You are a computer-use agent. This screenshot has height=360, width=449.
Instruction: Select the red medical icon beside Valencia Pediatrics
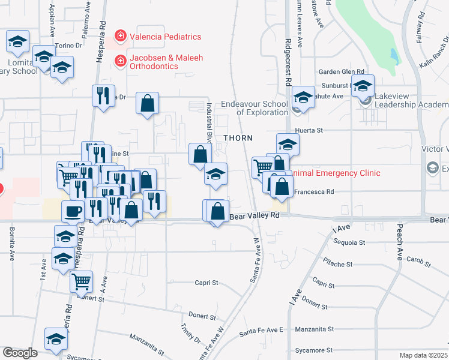pos(120,37)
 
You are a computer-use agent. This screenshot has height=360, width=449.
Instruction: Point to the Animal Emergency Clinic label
pos(337,173)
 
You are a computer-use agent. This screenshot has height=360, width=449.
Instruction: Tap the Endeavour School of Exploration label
pos(255,108)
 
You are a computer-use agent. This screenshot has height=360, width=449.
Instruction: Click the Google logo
pos(20,352)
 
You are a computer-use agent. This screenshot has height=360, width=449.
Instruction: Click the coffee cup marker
pos(73,211)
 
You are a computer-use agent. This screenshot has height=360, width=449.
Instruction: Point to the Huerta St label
pos(309,130)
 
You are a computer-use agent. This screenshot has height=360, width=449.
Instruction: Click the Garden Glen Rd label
pos(342,71)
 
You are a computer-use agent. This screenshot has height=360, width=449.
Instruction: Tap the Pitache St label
pos(337,264)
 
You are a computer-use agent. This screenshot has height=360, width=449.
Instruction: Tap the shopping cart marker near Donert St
pos(81,280)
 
